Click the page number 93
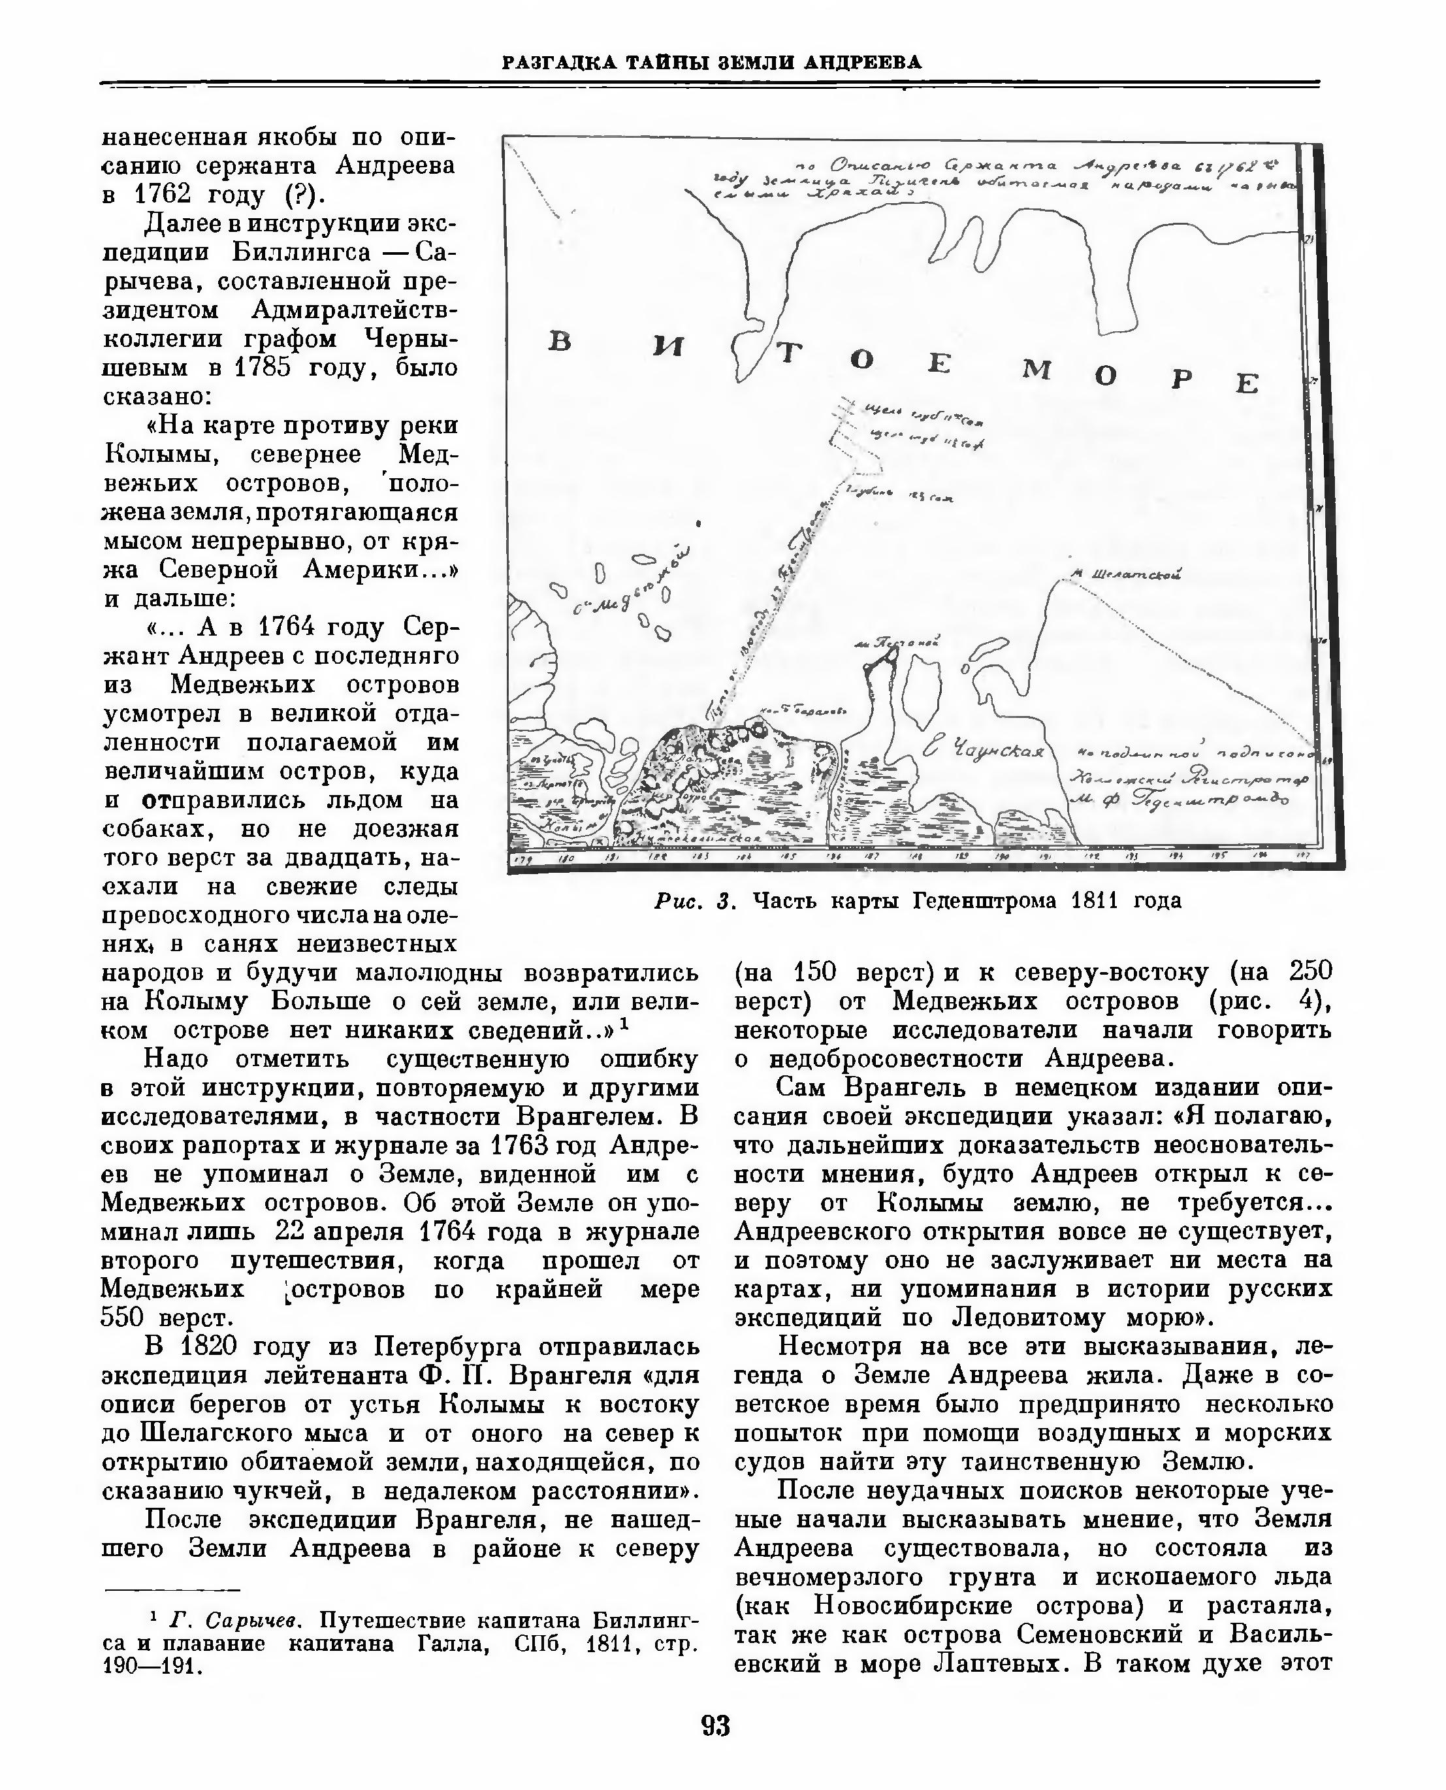[x=716, y=1725]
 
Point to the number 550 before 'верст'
[x=126, y=1318]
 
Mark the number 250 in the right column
[x=1309, y=971]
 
